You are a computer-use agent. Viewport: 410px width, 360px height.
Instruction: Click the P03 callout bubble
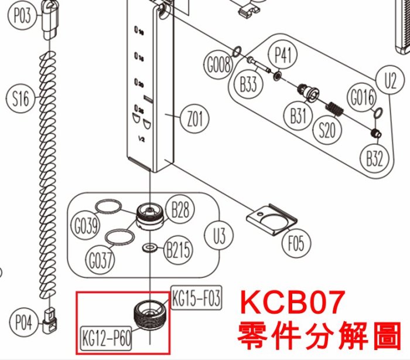(22, 16)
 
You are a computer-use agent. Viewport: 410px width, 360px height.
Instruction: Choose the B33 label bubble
(248, 84)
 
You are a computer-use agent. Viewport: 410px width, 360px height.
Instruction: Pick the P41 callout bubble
(283, 57)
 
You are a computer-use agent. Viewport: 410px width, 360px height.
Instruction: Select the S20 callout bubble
(327, 130)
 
